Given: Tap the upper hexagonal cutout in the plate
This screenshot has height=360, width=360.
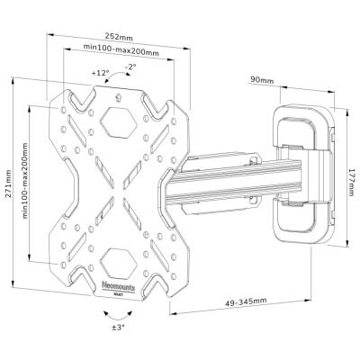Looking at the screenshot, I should pyautogui.click(x=120, y=117).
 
